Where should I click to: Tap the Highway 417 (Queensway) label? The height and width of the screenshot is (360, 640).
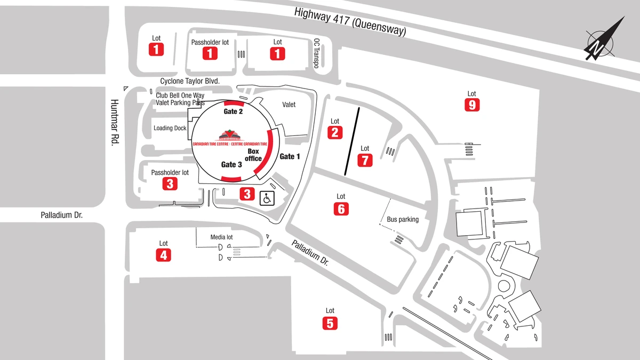[351, 22]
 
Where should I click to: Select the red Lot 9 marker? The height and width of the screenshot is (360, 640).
[471, 105]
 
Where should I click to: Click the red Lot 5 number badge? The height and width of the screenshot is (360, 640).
[330, 323]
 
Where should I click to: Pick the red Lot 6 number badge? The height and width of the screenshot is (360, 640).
[341, 209]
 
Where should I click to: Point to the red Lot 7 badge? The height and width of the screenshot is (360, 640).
[365, 160]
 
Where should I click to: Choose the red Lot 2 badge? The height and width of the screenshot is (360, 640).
[335, 132]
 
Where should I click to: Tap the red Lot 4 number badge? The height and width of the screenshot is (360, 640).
[163, 255]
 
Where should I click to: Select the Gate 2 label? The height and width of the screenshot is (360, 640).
[233, 112]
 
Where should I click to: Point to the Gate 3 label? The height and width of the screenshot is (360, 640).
[232, 165]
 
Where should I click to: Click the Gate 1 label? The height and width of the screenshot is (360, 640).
[290, 156]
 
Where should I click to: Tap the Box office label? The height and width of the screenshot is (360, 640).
[253, 155]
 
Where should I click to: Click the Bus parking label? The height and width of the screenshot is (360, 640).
[403, 219]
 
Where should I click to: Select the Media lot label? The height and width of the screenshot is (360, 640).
[222, 237]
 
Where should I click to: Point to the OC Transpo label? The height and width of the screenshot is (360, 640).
[316, 53]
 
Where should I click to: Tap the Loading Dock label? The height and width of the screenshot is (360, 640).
[170, 129]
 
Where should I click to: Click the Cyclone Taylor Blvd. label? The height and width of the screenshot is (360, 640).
[190, 81]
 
